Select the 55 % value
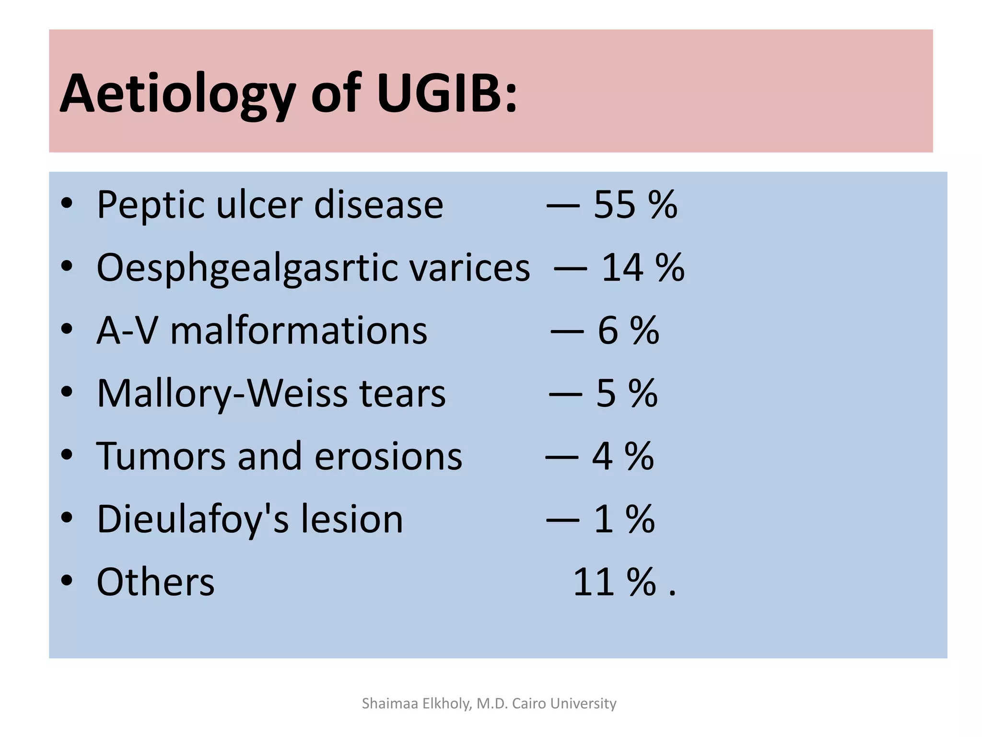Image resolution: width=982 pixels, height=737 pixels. click(x=635, y=205)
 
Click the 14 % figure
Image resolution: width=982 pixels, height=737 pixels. click(x=643, y=268)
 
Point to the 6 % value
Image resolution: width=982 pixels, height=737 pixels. click(x=628, y=331)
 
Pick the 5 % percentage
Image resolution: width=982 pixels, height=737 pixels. click(x=627, y=393)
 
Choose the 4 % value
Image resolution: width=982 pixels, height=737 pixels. click(x=623, y=456)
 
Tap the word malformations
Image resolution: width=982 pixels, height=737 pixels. click(x=298, y=331)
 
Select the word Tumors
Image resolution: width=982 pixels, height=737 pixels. click(x=161, y=456)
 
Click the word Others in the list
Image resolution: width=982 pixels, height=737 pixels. click(x=155, y=582)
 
